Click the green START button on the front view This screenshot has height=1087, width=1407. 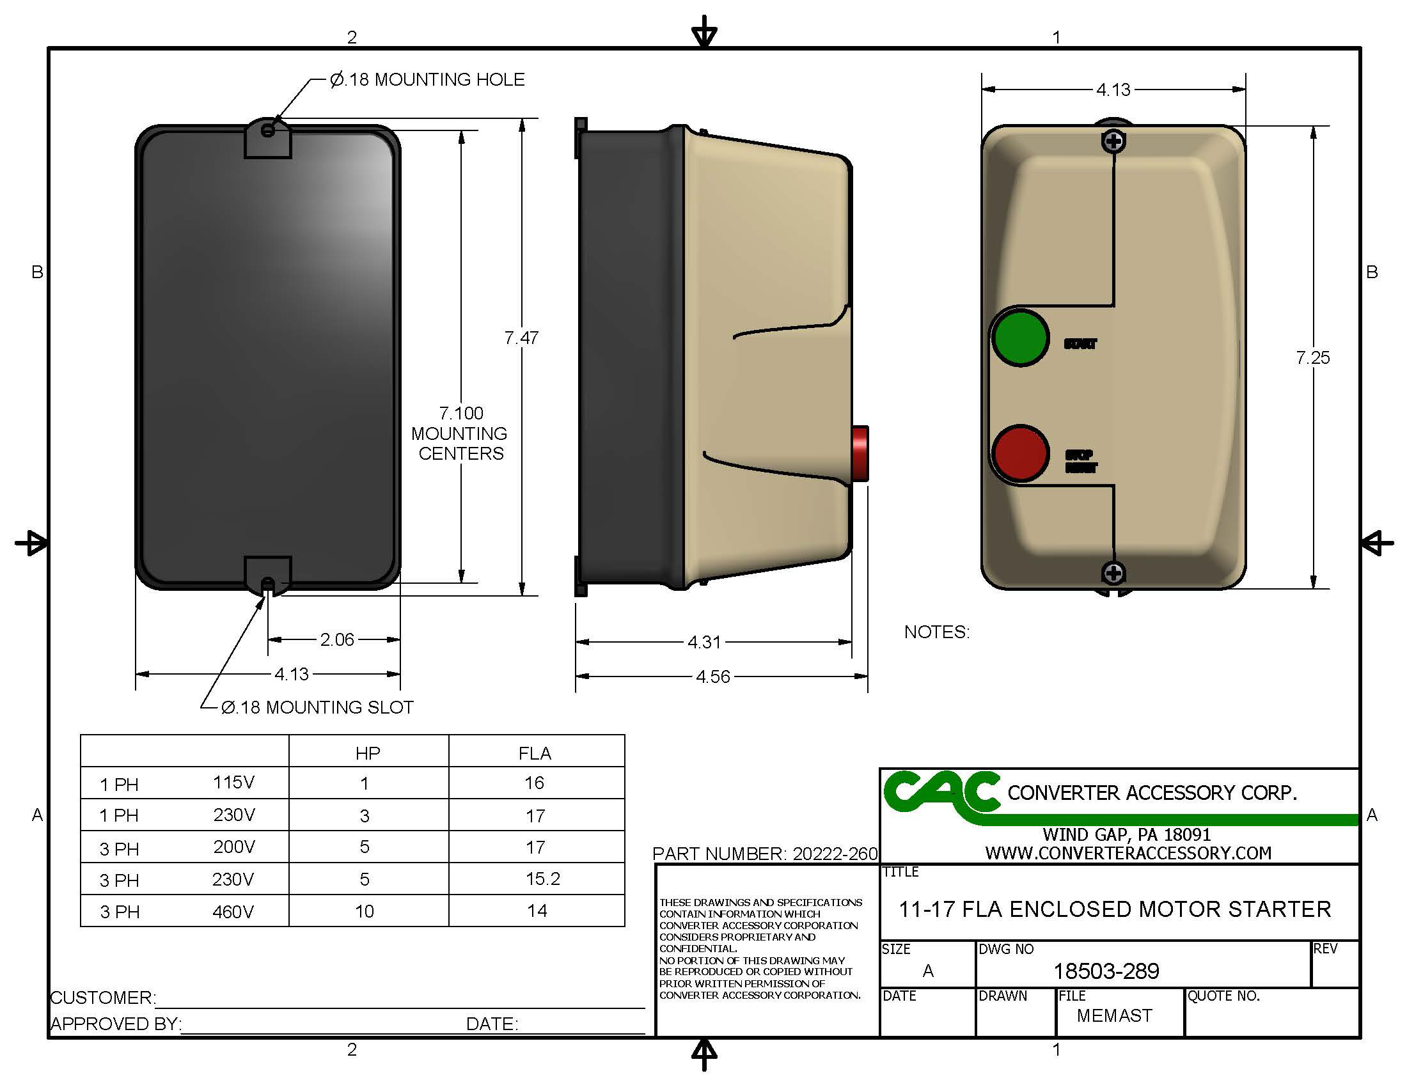(x=1020, y=338)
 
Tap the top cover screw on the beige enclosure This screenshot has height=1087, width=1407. (x=1113, y=141)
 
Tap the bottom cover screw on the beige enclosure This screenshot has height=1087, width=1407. (x=1113, y=572)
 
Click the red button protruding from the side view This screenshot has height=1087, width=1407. (x=860, y=453)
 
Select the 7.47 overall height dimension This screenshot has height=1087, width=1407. (x=521, y=338)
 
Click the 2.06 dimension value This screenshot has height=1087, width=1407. (x=337, y=639)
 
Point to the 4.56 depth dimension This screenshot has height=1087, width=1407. (x=712, y=676)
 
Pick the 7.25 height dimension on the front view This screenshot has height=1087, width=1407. (x=1312, y=357)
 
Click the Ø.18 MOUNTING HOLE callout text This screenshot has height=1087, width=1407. (x=427, y=79)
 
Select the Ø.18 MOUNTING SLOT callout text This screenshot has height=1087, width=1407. (x=317, y=707)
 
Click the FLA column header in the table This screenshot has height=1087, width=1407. (x=535, y=753)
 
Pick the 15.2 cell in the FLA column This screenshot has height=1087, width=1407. (x=542, y=879)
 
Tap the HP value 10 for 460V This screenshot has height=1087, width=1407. (x=364, y=911)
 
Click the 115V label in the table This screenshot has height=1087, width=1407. (x=233, y=783)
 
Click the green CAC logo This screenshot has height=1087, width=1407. (x=941, y=794)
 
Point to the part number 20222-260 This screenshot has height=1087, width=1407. (x=835, y=854)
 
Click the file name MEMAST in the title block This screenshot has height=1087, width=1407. (x=1114, y=1015)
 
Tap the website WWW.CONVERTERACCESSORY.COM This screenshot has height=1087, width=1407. (x=1128, y=853)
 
